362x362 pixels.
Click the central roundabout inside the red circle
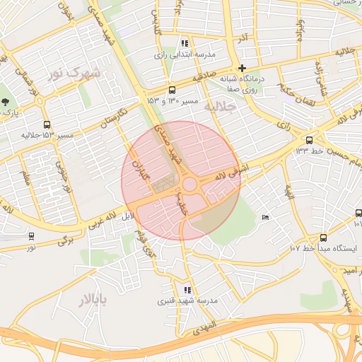[x=189, y=185]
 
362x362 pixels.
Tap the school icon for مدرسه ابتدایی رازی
[x=185, y=43]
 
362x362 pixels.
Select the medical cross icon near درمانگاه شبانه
[x=242, y=68]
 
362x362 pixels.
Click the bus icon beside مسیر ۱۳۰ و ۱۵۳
[x=173, y=90]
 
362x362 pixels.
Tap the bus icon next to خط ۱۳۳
[x=309, y=140]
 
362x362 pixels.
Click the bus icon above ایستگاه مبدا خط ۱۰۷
[x=323, y=238]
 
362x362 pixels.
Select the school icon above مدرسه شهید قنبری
[x=187, y=290]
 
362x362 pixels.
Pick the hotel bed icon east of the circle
[x=264, y=217]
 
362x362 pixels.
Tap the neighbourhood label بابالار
[x=93, y=302]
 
